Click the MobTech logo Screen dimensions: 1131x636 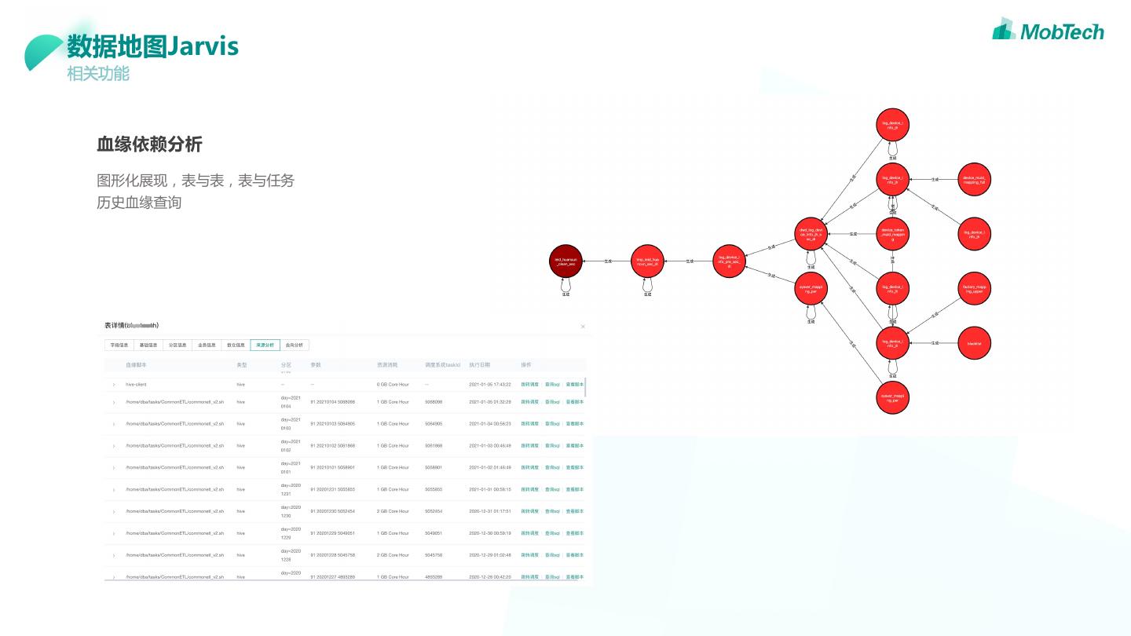point(1048,31)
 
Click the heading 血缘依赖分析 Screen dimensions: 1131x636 point(149,144)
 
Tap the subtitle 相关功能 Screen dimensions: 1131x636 point(98,74)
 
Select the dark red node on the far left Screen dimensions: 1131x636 point(565,261)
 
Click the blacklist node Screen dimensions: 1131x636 point(974,343)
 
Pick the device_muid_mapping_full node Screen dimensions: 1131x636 point(974,179)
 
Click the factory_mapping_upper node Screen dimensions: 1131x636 point(974,288)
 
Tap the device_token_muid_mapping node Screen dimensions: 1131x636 point(892,234)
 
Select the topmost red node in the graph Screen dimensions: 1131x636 point(892,124)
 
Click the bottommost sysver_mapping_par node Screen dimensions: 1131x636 point(892,398)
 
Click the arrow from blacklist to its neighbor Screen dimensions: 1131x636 point(934,343)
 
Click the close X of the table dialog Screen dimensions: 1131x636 point(583,327)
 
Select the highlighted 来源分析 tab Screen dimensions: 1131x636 point(265,345)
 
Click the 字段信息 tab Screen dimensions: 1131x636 point(119,345)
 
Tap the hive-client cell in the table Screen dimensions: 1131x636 point(136,385)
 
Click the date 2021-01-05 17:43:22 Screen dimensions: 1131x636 point(490,385)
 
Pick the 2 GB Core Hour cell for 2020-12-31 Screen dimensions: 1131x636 point(393,511)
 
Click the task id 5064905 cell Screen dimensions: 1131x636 point(434,424)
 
